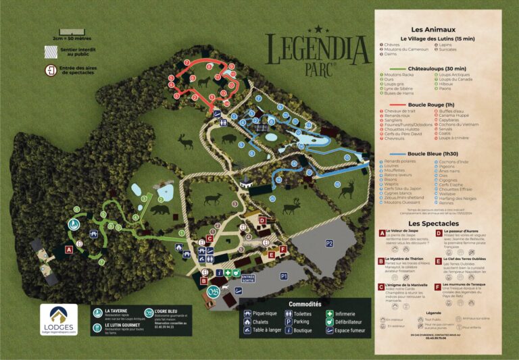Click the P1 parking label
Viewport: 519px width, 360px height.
(283, 276)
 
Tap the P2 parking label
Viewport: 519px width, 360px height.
(330, 242)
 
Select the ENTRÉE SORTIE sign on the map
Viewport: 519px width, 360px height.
(248, 277)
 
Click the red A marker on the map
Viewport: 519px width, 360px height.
(69, 249)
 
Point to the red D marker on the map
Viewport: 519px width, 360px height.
(262, 220)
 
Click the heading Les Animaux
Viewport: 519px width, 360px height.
(433, 30)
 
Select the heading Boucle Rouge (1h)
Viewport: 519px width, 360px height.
(437, 105)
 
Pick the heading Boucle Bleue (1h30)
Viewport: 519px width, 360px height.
(437, 153)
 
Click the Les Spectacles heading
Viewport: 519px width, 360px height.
(433, 223)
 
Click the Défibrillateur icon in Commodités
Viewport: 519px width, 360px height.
(330, 322)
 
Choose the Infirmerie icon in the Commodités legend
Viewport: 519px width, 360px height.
(330, 314)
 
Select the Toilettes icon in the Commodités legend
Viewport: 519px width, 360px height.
(289, 314)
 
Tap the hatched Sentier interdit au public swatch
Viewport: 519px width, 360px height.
(49, 50)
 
